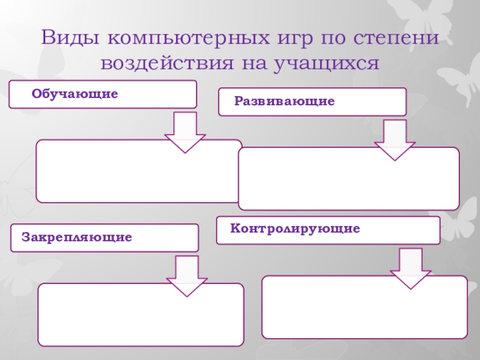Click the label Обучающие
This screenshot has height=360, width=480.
click(75, 94)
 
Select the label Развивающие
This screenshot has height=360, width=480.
click(284, 101)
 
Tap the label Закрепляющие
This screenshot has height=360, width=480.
click(77, 238)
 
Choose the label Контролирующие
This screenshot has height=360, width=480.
click(296, 229)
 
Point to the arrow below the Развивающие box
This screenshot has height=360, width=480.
click(394, 139)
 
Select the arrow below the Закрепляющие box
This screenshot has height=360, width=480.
click(187, 275)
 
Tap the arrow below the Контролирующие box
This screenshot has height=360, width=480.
click(410, 269)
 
